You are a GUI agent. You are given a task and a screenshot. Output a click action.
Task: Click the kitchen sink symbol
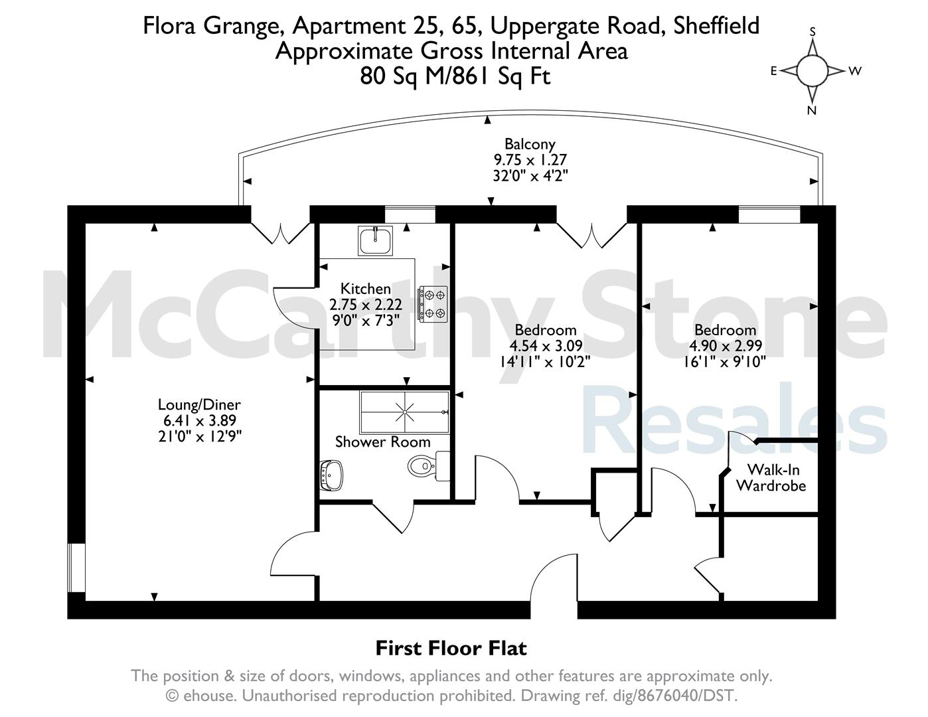pos(375,241)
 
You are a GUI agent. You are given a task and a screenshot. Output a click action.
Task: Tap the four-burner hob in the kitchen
pos(433,304)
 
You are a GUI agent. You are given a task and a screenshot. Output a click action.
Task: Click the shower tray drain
pos(404,412)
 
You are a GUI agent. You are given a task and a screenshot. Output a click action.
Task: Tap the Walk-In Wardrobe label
pos(771,478)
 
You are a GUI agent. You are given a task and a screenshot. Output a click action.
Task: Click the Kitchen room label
pos(365,289)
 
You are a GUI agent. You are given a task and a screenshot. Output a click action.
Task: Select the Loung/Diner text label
pos(199,404)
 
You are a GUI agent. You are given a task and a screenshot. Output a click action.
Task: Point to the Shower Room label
pos(382,442)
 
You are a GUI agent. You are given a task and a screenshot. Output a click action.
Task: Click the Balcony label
pos(530,144)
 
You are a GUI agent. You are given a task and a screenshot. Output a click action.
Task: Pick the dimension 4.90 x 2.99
pos(725,345)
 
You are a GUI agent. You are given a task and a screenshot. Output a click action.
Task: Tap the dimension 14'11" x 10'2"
pos(546,362)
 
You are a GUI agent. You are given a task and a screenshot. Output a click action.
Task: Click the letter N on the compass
pos(812,111)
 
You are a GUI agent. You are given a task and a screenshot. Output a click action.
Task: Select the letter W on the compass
pos(855,71)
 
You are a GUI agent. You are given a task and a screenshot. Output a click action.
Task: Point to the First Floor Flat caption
pos(451,648)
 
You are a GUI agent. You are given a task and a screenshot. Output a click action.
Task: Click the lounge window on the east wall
pos(76,568)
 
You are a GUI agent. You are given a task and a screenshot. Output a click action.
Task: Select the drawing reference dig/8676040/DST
pos(672,696)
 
